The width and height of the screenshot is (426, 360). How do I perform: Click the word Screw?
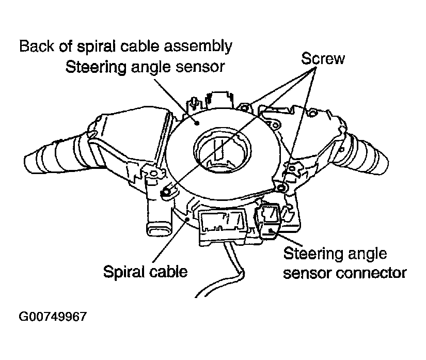(323, 58)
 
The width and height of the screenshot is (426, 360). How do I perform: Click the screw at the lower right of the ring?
(281, 186)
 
